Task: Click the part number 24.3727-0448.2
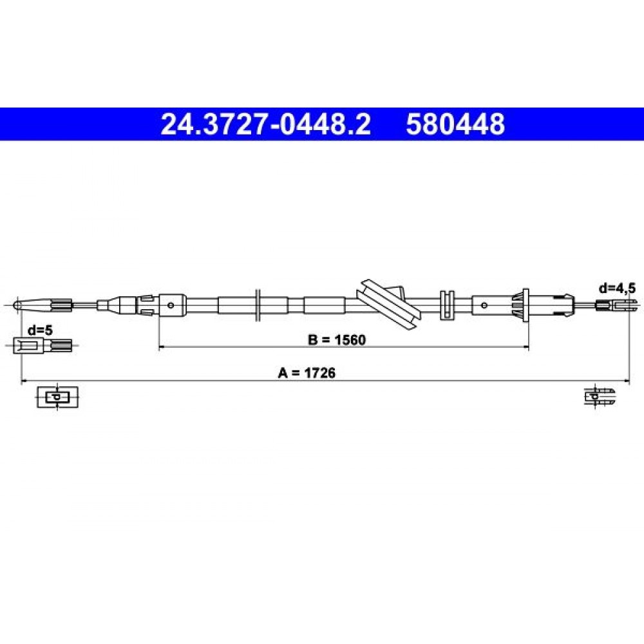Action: (x=266, y=124)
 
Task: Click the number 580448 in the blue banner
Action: (x=455, y=124)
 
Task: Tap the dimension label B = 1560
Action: (x=337, y=340)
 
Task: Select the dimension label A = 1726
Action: (x=307, y=373)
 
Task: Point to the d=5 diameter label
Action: (x=40, y=330)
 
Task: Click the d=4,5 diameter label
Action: (x=617, y=289)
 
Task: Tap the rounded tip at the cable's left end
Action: (x=17, y=305)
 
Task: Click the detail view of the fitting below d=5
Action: (x=43, y=345)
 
